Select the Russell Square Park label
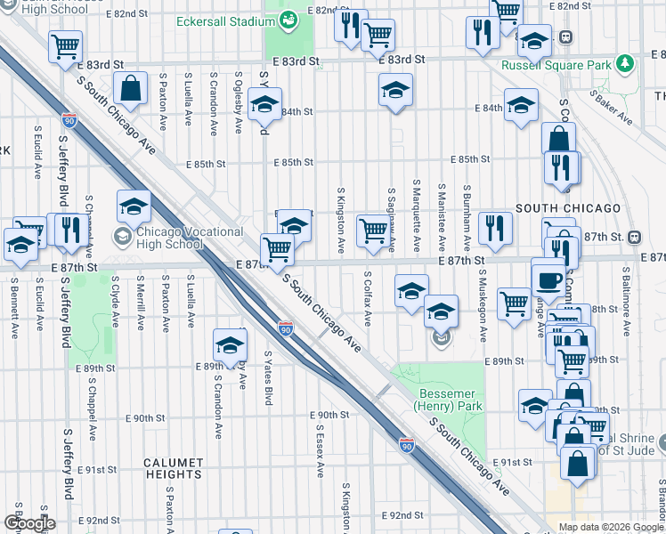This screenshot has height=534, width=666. tap(568, 64)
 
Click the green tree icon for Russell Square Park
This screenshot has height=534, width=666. tap(627, 63)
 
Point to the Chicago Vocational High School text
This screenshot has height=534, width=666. tap(189, 238)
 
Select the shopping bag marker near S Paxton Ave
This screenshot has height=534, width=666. tap(130, 89)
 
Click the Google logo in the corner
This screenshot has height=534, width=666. tap(30, 523)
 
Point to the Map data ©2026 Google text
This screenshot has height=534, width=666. tap(610, 527)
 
